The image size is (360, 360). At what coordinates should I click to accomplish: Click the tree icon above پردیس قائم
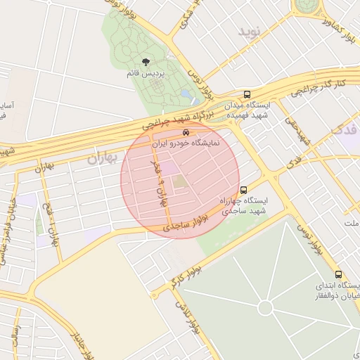[x=146, y=62]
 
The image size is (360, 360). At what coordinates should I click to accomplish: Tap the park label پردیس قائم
[x=145, y=74]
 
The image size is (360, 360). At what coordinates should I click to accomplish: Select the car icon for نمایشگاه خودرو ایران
[x=186, y=131]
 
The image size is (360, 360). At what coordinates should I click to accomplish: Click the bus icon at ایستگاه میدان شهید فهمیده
[x=247, y=94]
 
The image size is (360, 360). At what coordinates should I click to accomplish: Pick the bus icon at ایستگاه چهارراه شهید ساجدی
[x=243, y=189]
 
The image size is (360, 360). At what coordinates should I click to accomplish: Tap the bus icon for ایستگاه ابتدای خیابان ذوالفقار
[x=338, y=274]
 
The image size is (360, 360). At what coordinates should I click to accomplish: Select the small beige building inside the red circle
[x=180, y=181]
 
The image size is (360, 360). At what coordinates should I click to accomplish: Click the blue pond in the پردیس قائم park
[x=186, y=93]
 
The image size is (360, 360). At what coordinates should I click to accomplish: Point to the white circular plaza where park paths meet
[x=265, y=307]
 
